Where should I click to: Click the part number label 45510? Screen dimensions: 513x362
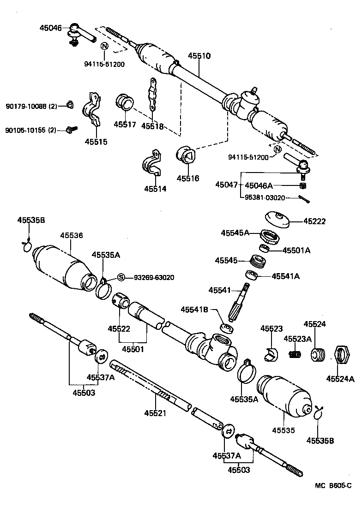click(199, 56)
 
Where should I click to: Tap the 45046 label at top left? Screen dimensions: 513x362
click(50, 28)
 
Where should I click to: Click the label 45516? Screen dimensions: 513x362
click(187, 178)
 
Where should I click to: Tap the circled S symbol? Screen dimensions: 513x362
click(121, 277)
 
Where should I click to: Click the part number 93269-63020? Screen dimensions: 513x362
click(154, 278)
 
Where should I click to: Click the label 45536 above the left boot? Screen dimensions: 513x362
click(71, 235)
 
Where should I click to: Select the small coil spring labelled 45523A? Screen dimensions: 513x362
click(295, 354)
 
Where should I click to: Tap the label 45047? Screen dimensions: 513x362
click(226, 185)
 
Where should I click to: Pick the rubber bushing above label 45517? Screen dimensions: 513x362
click(124, 102)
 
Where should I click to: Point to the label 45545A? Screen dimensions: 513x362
click(235, 233)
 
